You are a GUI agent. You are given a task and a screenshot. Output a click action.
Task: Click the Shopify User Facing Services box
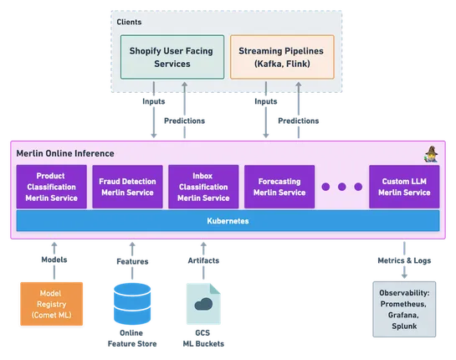pyautogui.click(x=172, y=57)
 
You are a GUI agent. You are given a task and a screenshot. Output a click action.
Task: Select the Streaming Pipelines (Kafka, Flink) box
pyautogui.click(x=280, y=57)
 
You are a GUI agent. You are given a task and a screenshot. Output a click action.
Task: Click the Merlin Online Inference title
pyautogui.click(x=65, y=153)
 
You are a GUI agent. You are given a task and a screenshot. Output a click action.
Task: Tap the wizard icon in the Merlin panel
pyautogui.click(x=431, y=153)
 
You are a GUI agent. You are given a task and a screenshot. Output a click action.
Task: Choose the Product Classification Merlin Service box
pyautogui.click(x=51, y=187)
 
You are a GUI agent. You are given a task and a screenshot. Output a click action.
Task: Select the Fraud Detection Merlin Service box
pyautogui.click(x=126, y=187)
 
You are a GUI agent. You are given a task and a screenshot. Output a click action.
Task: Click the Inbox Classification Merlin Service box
pyautogui.click(x=203, y=187)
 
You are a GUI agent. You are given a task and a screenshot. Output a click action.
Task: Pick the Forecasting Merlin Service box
pyautogui.click(x=279, y=187)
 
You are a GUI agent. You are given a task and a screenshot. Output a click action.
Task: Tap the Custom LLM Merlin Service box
pyautogui.click(x=404, y=187)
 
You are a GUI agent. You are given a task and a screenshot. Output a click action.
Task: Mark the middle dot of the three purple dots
pyautogui.click(x=341, y=188)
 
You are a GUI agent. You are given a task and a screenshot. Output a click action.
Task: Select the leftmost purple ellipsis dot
pyautogui.click(x=326, y=188)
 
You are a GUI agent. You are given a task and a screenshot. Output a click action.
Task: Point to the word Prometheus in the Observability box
pyautogui.click(x=405, y=304)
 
